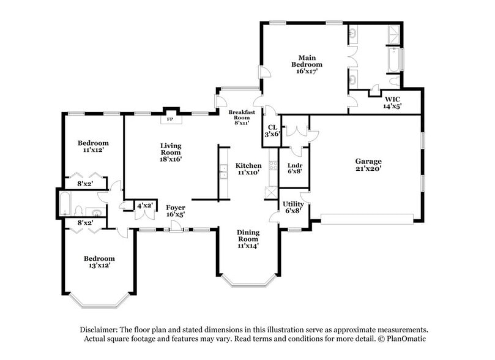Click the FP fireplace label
pyautogui.click(x=170, y=119)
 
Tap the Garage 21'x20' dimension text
pyautogui.click(x=368, y=168)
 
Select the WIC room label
pyautogui.click(x=392, y=99)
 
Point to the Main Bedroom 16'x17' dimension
pyautogui.click(x=307, y=71)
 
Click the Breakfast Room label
pyautogui.click(x=242, y=115)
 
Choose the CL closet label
pyautogui.click(x=272, y=127)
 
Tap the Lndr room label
pyautogui.click(x=295, y=165)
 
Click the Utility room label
pyautogui.click(x=293, y=204)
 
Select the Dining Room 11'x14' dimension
pyautogui.click(x=248, y=246)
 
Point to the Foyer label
pyautogui.click(x=176, y=208)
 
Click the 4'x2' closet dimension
pyautogui.click(x=145, y=206)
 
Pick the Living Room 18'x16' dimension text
pyautogui.click(x=171, y=159)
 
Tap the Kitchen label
pyautogui.click(x=248, y=165)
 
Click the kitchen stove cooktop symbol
pyautogui.click(x=273, y=165)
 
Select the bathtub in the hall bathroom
pyautogui.click(x=65, y=204)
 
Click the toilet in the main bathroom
pyautogui.click(x=394, y=81)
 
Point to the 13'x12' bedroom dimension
pyautogui.click(x=100, y=265)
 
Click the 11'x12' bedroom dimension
pyautogui.click(x=94, y=149)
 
